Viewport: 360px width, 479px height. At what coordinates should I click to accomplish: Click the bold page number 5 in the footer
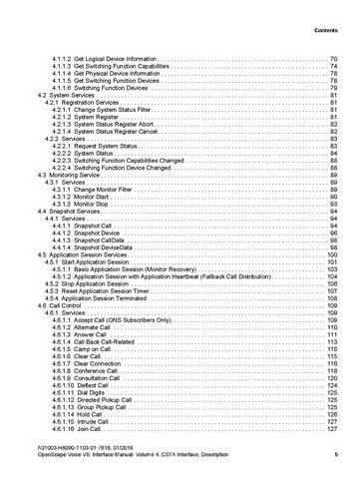click(x=336, y=458)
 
